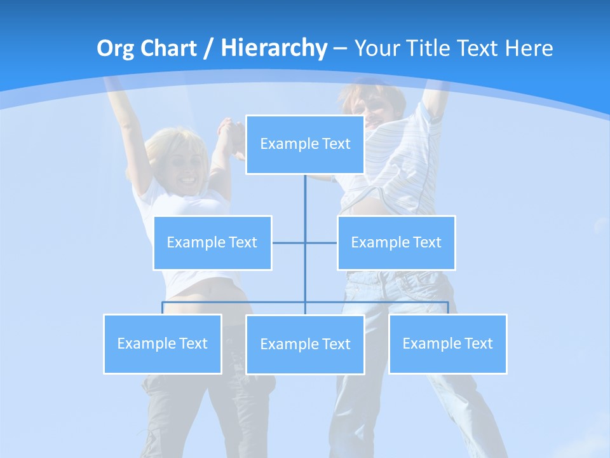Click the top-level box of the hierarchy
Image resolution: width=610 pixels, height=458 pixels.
click(305, 144)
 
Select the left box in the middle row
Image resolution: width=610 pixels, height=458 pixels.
click(212, 242)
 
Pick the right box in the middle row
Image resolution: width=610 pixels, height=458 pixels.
click(396, 242)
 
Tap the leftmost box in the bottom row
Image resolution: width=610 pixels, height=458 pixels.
click(163, 343)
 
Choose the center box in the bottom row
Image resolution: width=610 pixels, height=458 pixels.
click(305, 344)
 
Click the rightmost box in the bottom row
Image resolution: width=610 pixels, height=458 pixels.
click(447, 343)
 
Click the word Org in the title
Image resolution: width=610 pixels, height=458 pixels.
click(114, 48)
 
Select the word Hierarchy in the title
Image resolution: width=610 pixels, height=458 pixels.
click(273, 48)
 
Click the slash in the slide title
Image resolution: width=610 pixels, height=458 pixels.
click(208, 49)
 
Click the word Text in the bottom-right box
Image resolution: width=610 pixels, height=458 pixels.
click(478, 343)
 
